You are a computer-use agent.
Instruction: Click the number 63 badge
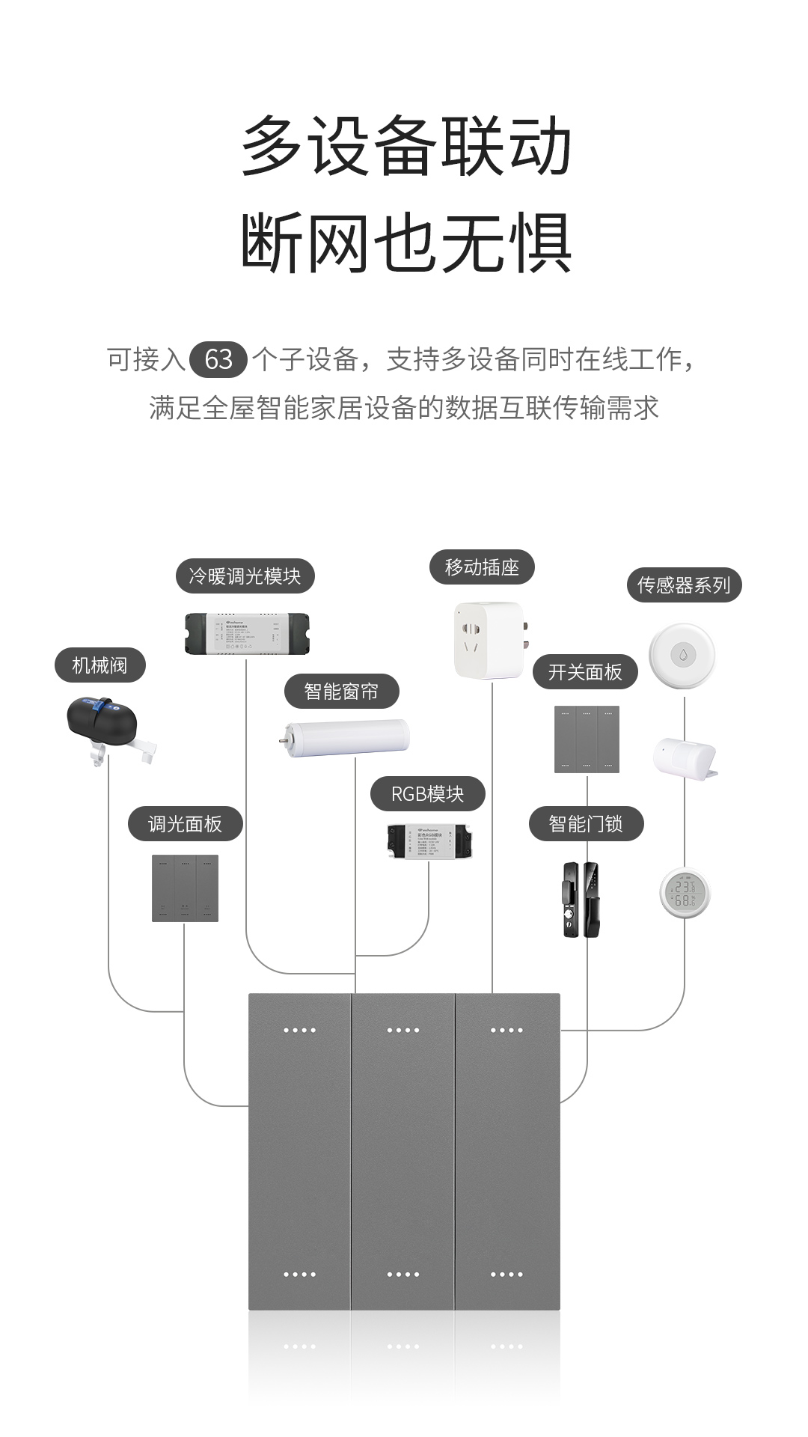pos(218,360)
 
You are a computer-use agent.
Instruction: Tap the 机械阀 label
pos(100,665)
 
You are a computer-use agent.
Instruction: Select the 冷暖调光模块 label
pos(245,576)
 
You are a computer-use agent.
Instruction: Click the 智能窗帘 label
pos(341,692)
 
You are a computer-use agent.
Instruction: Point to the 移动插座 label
pos(482,567)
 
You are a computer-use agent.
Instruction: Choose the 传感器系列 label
pos(683,585)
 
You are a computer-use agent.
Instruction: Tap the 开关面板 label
pos(585,672)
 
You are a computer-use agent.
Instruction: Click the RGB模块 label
pos(427,794)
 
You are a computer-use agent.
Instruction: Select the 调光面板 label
pos(185,824)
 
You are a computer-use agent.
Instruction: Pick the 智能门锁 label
pos(586,824)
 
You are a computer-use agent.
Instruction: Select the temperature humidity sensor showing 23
pos(684,892)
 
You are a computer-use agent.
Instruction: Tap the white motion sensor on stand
pos(684,758)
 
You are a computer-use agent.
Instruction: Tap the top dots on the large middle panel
pos(403,1031)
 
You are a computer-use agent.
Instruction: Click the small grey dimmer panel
pos(185,888)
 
